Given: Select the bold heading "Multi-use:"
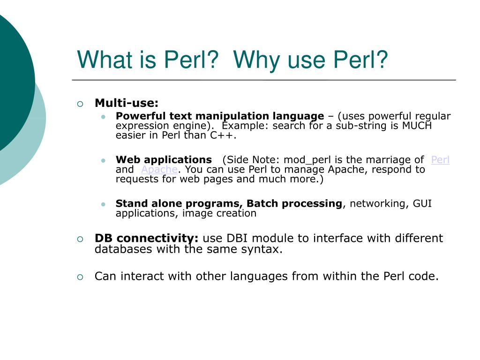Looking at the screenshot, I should coord(127,103).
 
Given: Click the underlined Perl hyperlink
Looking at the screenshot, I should coord(440,160).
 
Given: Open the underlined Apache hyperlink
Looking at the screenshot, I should coord(159,170).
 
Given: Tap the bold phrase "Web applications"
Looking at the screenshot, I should coord(164,160).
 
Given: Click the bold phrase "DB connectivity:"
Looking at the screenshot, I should coord(147,238).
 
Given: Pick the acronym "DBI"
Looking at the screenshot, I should coord(240,238).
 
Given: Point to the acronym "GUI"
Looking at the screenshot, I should coord(422,203).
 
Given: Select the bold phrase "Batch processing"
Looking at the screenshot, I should coord(294,203).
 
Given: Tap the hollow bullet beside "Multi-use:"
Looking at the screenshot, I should coord(80,104).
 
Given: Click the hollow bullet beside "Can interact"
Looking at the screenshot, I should coord(80,277).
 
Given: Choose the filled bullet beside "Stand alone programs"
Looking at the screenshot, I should coord(103,204).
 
